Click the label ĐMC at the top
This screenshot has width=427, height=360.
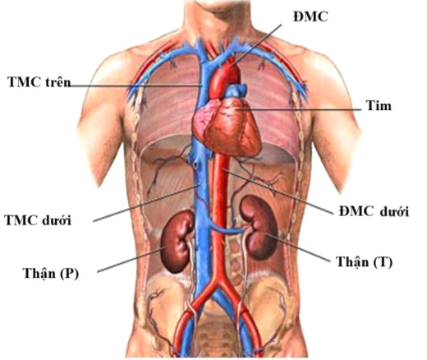coord(310,17)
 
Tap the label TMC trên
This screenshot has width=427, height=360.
coord(39,81)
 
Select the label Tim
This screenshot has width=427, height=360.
coord(379,106)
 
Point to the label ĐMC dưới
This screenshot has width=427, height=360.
coord(374,211)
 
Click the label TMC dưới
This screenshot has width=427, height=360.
coord(38,220)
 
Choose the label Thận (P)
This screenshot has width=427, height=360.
coord(51,273)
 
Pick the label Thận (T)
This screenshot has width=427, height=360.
coord(365,262)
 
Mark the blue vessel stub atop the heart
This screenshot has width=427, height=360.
coord(236,91)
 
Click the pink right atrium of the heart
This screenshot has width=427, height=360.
coord(203,119)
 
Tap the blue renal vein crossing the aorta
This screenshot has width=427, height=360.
coord(226,229)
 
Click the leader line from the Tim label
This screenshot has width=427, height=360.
coord(298,110)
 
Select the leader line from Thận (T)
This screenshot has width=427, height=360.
coord(298,247)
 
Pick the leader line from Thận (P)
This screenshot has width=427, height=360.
coord(131,259)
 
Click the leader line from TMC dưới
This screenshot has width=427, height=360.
coord(146,203)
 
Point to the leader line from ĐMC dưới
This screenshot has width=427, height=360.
coord(278,192)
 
